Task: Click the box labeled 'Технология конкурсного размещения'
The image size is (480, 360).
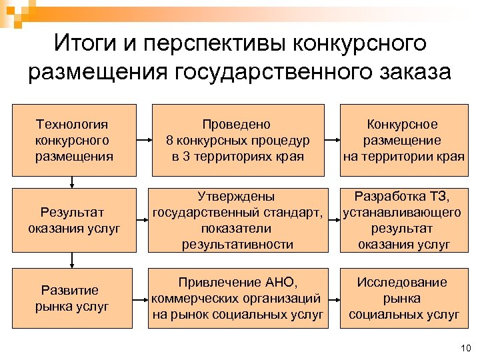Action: coord(74,141)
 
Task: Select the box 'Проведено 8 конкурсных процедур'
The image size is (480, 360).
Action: coord(237,141)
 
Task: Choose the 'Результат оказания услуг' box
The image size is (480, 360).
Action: coord(74,221)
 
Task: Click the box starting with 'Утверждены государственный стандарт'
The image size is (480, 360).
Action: coord(237,221)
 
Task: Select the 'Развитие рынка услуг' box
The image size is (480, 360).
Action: coord(74,298)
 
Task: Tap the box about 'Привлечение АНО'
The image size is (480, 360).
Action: coord(237,298)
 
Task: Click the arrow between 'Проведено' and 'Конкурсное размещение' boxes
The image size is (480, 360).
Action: coord(332,141)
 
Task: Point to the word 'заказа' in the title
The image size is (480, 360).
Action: coord(418,72)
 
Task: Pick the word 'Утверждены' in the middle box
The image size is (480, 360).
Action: coord(237,197)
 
